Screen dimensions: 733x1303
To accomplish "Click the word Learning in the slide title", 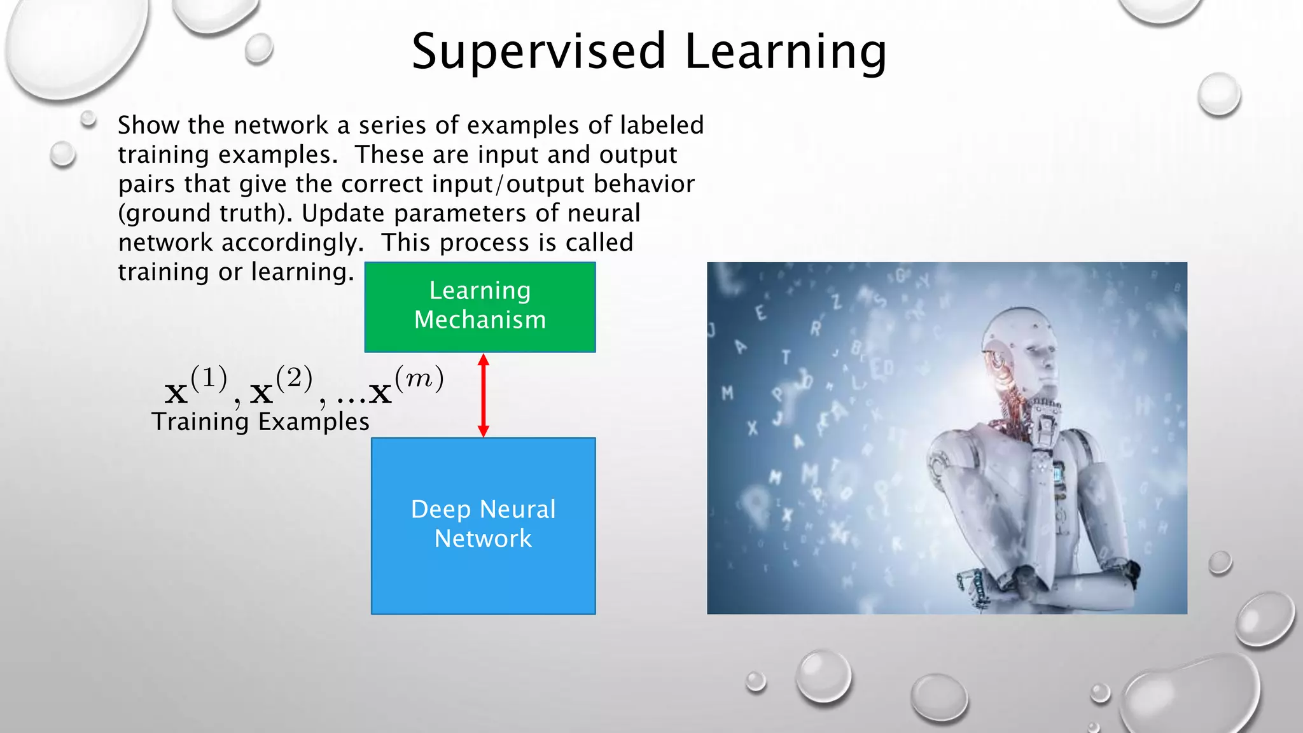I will pos(785,52).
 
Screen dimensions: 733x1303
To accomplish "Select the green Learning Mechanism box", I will pos(480,307).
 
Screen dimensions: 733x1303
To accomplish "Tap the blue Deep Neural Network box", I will pos(483,526).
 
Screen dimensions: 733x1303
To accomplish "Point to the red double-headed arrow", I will pos(484,395).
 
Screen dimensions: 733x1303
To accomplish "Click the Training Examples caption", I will pos(260,422).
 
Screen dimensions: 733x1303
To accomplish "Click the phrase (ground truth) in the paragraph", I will pos(205,214).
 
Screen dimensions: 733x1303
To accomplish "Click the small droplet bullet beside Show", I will pos(88,119).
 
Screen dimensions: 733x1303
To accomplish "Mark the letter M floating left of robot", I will pos(727,393).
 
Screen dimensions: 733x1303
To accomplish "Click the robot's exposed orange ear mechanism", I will pos(995,361).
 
